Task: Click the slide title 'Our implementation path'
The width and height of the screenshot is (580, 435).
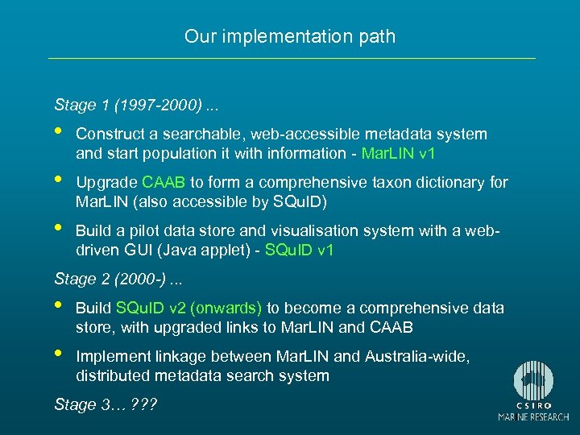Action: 290,36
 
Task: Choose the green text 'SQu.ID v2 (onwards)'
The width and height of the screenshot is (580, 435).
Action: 189,308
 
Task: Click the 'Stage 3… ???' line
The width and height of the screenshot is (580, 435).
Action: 105,404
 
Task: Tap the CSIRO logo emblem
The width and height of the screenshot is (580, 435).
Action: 532,383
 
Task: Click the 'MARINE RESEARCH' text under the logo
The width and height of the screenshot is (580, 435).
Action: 532,417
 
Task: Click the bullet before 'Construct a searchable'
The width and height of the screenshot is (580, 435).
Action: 59,131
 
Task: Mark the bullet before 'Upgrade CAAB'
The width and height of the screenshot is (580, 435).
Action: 59,180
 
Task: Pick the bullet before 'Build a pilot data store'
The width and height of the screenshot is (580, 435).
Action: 59,228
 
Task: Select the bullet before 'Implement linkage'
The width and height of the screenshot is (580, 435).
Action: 59,354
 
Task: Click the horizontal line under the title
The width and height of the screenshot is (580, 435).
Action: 292,58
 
